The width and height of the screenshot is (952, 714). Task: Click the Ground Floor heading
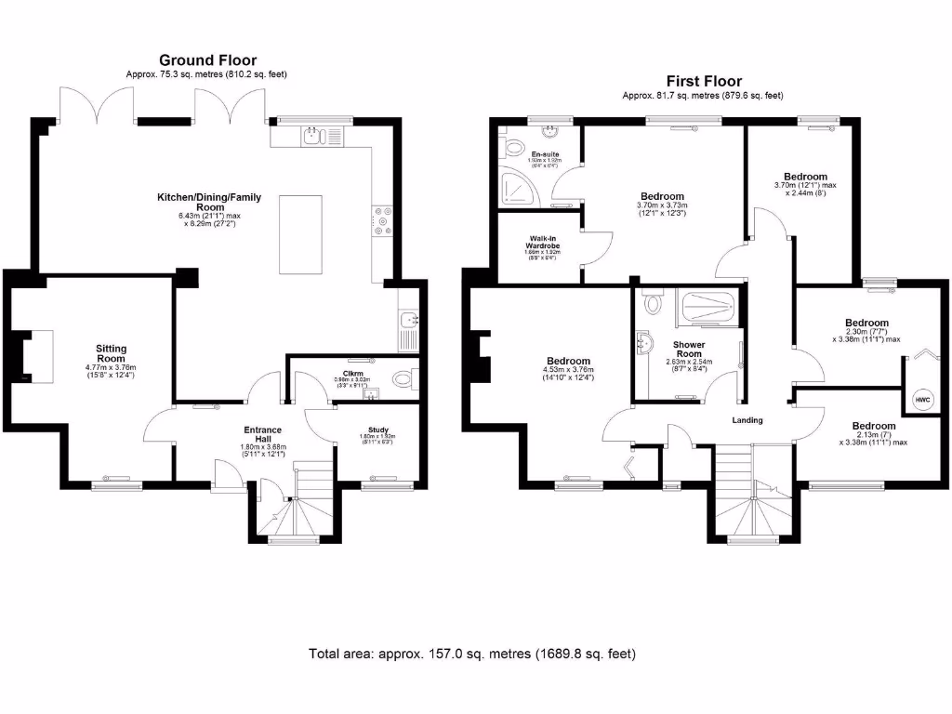click(207, 60)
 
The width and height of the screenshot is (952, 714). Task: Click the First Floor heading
click(703, 81)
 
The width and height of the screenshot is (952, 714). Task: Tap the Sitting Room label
click(111, 353)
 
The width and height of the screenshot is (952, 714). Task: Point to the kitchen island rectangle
click(306, 234)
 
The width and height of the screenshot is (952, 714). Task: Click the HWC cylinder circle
click(922, 400)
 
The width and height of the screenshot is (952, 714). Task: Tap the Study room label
click(377, 430)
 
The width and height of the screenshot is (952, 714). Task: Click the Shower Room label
click(689, 350)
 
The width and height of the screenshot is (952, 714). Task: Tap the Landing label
click(747, 420)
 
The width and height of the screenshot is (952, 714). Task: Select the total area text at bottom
click(472, 654)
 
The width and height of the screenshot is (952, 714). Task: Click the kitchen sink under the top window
click(312, 139)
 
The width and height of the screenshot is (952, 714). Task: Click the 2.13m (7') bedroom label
click(873, 427)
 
